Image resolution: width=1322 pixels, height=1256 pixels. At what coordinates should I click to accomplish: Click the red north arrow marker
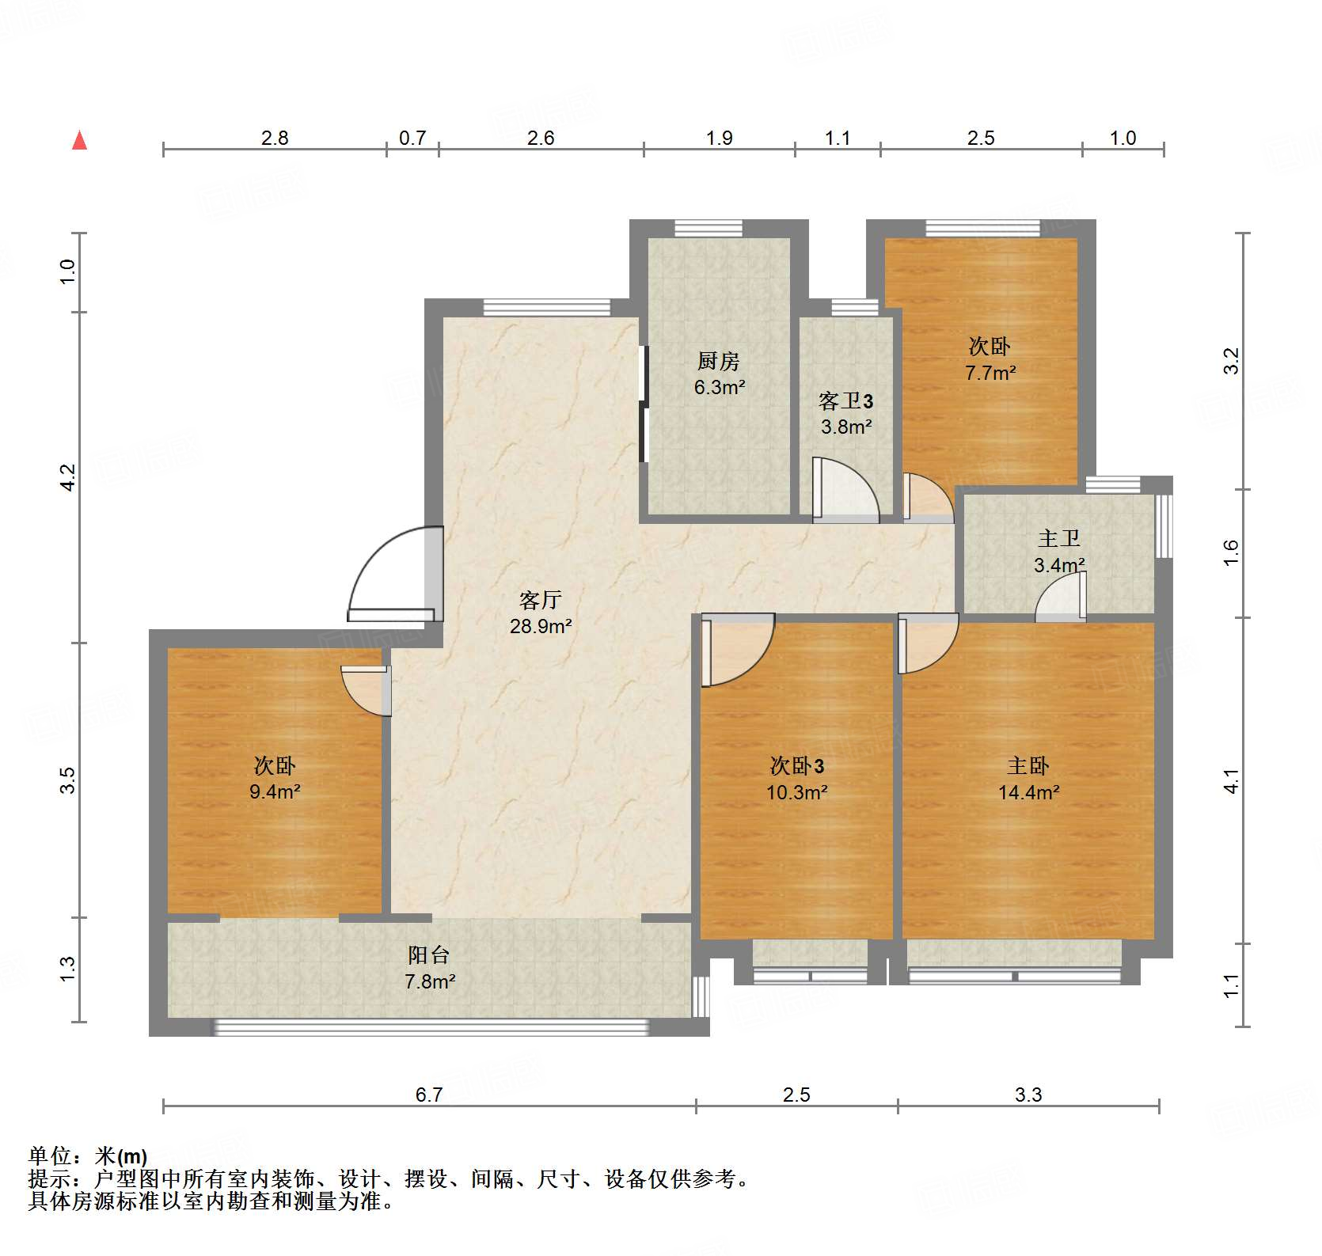click(79, 141)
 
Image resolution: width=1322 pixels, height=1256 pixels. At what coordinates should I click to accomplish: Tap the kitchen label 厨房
click(718, 362)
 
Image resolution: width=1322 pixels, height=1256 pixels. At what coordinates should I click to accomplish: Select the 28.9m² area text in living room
click(541, 627)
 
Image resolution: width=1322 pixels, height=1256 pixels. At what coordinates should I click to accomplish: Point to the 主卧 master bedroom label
click(1028, 765)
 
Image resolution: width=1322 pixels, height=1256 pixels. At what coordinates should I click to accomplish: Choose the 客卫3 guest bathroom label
click(845, 401)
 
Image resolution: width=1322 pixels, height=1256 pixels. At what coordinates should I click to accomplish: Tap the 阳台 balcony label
click(428, 955)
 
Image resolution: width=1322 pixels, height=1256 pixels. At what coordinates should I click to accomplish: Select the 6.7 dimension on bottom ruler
click(429, 1095)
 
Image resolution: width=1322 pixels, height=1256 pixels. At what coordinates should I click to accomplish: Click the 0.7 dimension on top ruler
click(412, 139)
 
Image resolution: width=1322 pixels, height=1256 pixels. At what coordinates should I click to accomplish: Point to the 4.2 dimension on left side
click(68, 477)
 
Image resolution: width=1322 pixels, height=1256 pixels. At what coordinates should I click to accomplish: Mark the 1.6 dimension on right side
click(1230, 552)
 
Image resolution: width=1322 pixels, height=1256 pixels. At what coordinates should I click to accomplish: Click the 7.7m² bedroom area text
click(990, 373)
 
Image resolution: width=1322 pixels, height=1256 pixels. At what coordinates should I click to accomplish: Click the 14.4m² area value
click(1028, 792)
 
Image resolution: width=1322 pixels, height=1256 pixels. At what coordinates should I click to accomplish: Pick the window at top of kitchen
click(708, 228)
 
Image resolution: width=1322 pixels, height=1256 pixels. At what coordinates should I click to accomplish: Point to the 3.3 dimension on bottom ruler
click(1028, 1095)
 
